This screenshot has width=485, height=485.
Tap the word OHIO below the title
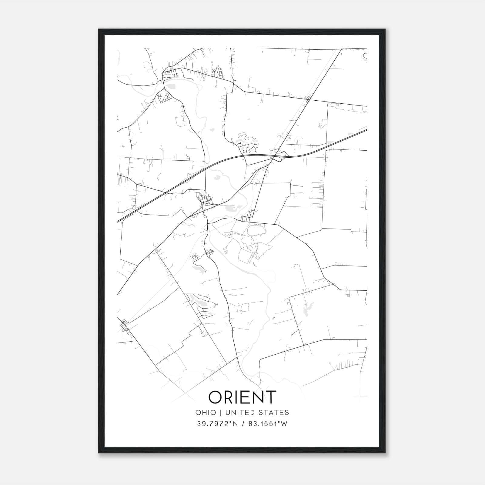pyautogui.click(x=206, y=413)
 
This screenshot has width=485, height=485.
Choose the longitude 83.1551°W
pyautogui.click(x=268, y=424)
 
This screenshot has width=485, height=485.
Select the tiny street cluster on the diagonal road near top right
pyautogui.click(x=308, y=99)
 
